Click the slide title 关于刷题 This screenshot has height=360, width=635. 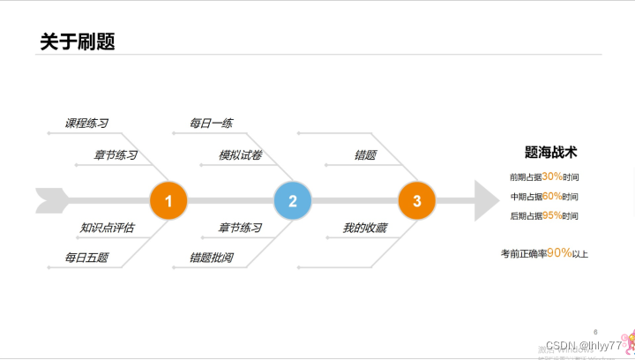(78, 41)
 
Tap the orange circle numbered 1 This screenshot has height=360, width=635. (168, 200)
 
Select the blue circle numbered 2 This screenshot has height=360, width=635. (293, 200)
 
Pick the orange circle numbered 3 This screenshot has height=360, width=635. (417, 200)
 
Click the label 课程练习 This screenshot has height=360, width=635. (86, 124)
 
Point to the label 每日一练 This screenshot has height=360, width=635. (211, 124)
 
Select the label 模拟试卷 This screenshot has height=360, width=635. (240, 155)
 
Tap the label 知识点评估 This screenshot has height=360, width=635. (107, 228)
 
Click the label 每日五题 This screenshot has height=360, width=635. (86, 258)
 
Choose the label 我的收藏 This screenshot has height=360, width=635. (364, 228)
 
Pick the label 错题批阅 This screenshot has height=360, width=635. (211, 258)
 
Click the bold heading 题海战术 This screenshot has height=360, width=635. (550, 153)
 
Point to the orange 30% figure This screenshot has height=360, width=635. (552, 176)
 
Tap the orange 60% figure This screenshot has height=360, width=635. (552, 196)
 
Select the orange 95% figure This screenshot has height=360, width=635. (552, 215)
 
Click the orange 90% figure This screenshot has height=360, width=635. (558, 252)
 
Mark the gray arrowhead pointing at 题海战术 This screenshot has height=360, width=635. (486, 200)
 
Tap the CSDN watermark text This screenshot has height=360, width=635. (583, 345)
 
